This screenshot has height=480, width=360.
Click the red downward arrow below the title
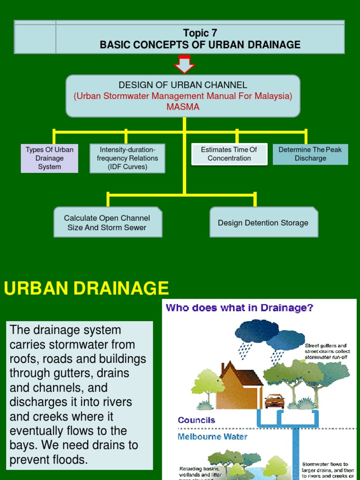coord(184,64)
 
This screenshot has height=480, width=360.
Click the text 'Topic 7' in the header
coord(200,33)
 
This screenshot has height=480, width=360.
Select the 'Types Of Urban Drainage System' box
coord(50,158)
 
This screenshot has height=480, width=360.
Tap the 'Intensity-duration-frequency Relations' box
coord(127,158)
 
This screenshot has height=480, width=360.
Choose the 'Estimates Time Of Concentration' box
coord(229,154)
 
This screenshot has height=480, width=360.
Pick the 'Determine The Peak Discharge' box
coord(310,154)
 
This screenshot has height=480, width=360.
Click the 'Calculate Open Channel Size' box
coord(107,223)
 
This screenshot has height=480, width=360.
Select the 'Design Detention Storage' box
coord(263,223)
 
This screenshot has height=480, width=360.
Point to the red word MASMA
coord(183,107)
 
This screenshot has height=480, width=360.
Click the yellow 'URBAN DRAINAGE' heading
coord(86,288)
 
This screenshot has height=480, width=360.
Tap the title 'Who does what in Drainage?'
coord(240,308)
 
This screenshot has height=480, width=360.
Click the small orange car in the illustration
coord(274,401)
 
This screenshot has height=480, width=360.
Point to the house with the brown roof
coord(239,384)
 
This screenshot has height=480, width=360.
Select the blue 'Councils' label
coord(196,420)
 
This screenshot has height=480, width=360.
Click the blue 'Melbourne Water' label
coord(212,436)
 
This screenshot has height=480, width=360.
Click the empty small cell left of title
coord(35,37)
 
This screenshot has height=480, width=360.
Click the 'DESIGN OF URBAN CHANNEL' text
coord(183,85)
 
